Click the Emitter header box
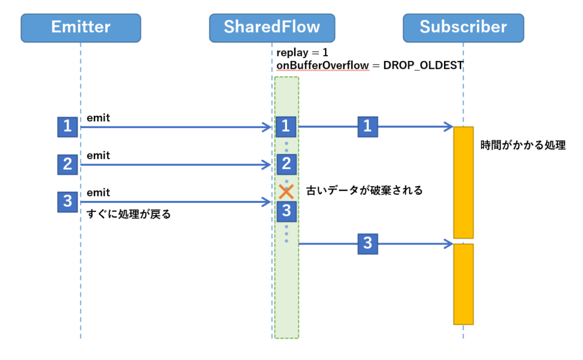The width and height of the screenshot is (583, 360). [81, 28]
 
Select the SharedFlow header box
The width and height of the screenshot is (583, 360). [272, 28]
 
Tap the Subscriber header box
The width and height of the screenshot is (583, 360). [463, 28]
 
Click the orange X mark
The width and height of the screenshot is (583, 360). [286, 192]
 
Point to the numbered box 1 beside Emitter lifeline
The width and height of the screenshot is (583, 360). [68, 127]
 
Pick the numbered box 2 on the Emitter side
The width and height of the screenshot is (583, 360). [68, 165]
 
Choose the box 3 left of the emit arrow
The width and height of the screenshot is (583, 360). [68, 202]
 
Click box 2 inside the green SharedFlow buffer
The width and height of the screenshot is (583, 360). [286, 165]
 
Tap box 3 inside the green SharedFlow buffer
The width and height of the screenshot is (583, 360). [286, 211]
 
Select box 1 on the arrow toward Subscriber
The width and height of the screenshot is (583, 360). [368, 127]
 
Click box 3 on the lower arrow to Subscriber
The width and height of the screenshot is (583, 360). [368, 244]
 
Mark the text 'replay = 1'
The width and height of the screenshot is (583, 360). [302, 52]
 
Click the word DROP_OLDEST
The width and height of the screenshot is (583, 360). [423, 66]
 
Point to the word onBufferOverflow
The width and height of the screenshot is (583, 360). [323, 66]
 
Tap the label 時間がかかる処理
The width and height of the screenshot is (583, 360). [523, 145]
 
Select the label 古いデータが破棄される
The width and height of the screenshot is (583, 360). [364, 190]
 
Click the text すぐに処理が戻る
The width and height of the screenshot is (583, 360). [129, 214]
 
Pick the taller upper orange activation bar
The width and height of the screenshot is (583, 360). [463, 182]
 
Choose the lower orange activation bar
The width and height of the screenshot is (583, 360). [463, 284]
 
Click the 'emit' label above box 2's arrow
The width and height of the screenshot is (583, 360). [98, 155]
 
